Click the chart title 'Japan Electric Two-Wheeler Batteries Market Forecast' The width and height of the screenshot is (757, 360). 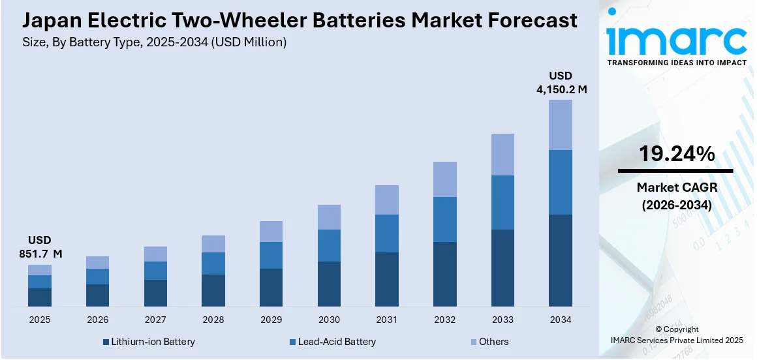click(x=300, y=20)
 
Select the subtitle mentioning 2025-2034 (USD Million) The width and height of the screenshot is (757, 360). click(x=154, y=42)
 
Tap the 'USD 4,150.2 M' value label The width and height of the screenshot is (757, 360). click(x=561, y=82)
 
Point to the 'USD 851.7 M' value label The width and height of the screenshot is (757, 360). click(x=40, y=247)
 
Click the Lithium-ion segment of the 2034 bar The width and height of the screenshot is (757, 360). click(x=561, y=260)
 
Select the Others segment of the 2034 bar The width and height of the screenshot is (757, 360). click(x=561, y=125)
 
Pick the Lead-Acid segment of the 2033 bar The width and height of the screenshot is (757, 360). click(x=502, y=202)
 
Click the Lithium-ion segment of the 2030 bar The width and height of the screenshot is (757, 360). click(x=329, y=284)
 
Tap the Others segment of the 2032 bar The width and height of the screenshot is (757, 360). click(x=444, y=179)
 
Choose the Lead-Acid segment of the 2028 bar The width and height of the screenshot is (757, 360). click(x=213, y=263)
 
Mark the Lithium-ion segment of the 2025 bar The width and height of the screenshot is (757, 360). click(x=40, y=297)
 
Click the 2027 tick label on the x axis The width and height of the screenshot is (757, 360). click(x=155, y=320)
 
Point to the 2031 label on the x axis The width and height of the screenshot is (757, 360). click(x=387, y=320)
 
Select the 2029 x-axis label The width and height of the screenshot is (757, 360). click(x=271, y=320)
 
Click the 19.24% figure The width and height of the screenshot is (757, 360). click(x=676, y=154)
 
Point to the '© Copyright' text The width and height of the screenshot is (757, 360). click(x=676, y=329)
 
